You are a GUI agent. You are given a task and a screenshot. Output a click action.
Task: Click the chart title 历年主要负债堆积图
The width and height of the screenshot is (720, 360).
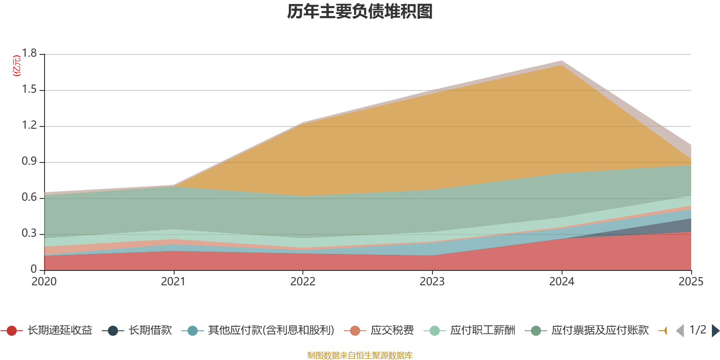360,12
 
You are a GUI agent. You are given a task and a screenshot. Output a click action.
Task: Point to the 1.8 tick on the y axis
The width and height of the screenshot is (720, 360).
30,54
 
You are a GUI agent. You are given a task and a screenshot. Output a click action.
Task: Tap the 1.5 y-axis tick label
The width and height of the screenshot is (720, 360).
30,90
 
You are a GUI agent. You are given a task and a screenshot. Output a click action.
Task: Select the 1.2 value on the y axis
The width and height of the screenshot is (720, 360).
30,126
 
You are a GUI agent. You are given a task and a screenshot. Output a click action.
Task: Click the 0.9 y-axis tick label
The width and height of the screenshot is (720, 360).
30,162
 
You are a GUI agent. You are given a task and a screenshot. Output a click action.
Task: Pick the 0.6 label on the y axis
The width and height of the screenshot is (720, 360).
30,198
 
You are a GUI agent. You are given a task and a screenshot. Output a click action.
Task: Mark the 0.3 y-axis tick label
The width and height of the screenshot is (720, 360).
30,234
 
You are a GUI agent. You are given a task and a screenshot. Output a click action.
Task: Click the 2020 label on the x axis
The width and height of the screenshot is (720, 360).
44,282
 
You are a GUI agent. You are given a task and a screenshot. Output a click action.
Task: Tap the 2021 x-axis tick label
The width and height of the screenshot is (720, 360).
173,282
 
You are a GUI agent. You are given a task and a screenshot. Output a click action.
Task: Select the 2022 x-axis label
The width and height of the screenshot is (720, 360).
303,282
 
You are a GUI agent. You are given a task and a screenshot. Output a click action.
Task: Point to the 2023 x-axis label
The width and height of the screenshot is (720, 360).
432,282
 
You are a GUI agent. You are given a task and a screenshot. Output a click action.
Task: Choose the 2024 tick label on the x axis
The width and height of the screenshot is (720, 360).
562,282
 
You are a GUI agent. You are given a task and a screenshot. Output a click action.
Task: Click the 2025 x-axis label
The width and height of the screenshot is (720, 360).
691,282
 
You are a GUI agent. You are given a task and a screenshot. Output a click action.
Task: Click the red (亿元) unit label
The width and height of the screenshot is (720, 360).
17,66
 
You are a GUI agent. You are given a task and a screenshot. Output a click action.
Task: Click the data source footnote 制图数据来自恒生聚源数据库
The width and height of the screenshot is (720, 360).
360,355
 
